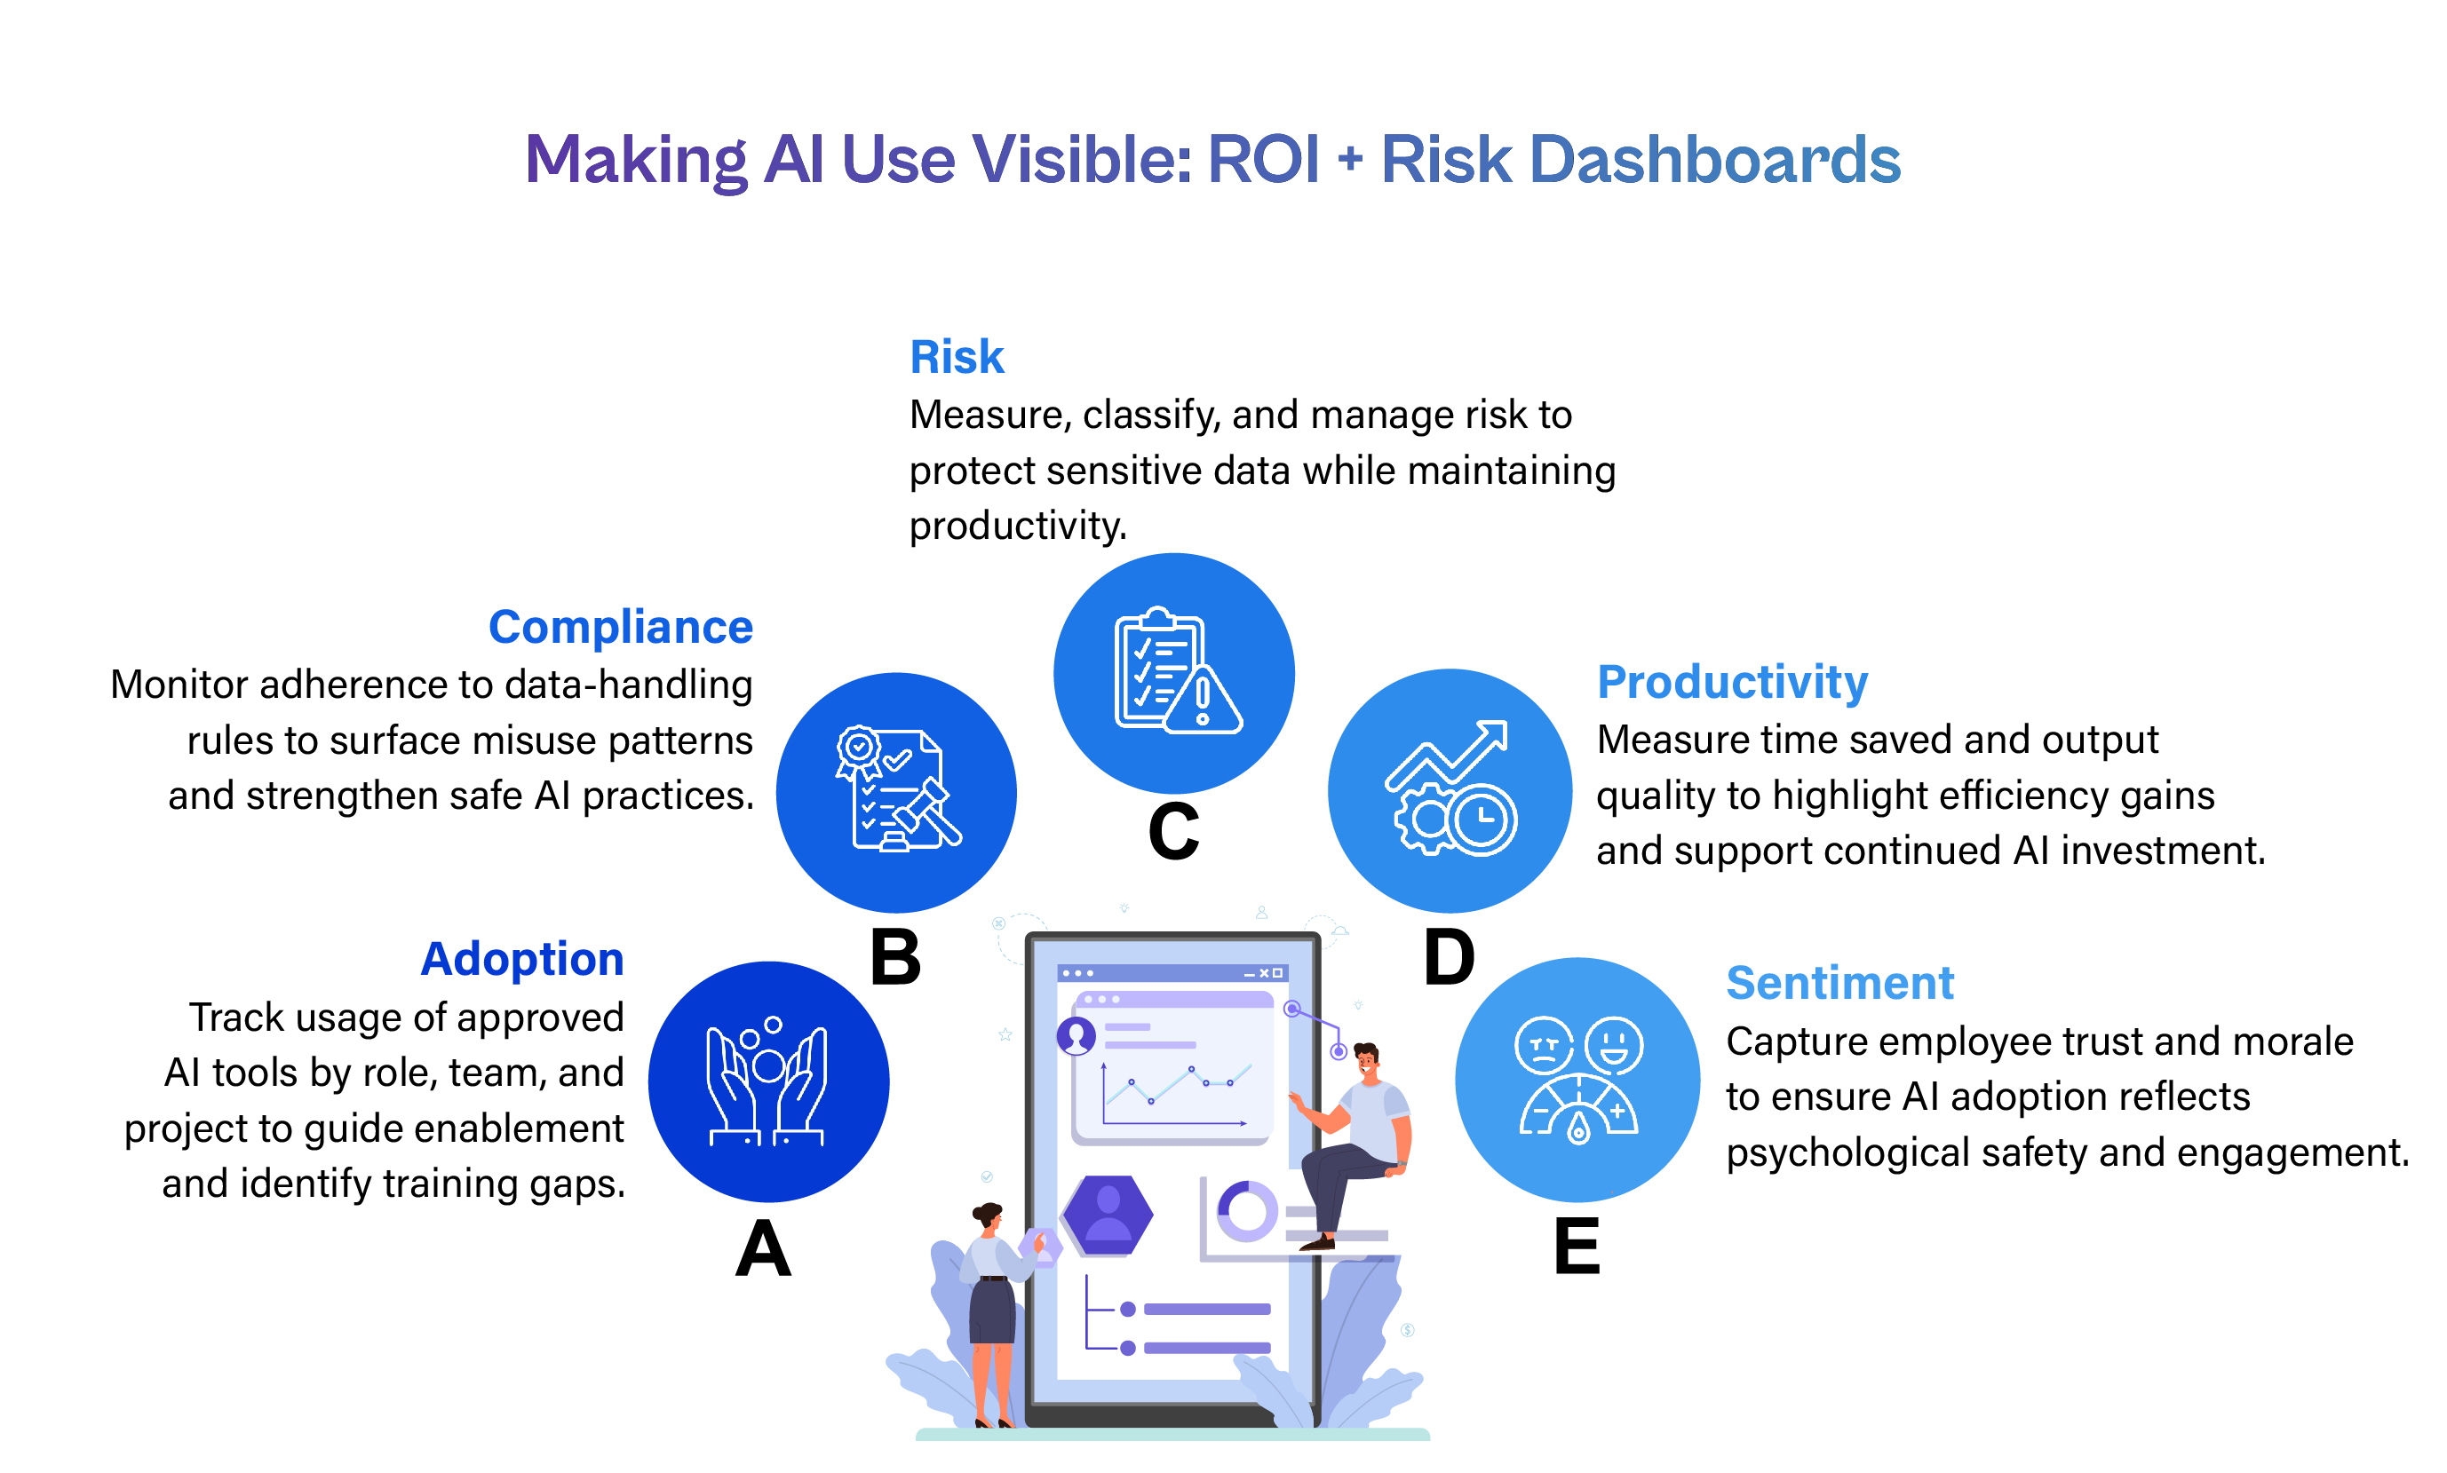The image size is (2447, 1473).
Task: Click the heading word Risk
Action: tap(956, 356)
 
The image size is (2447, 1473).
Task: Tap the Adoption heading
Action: tap(522, 959)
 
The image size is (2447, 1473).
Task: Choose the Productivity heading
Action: tap(1732, 682)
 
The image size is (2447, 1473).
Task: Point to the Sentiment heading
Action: tap(1839, 983)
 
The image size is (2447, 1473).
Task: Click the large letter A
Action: tap(762, 1248)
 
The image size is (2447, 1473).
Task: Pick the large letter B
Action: tap(895, 958)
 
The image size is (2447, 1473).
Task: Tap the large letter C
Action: tap(1173, 831)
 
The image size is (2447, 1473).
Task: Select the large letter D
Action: tap(1449, 958)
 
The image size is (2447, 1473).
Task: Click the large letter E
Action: tap(1577, 1246)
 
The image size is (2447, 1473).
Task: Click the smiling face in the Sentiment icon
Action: tap(1613, 1044)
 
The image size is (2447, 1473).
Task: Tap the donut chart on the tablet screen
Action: tap(1246, 1211)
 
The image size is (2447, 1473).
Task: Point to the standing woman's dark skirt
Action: tap(992, 1311)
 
